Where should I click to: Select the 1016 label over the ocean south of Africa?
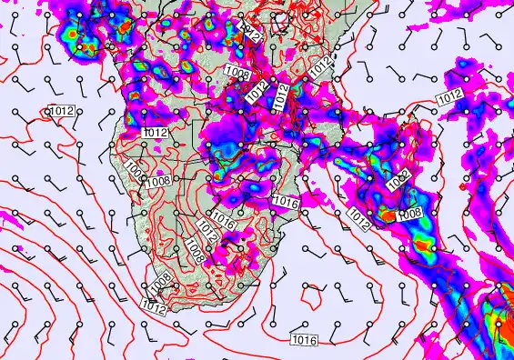click(x=305, y=340)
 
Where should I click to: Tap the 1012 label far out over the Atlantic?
click(x=62, y=111)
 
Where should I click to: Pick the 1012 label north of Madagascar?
click(x=448, y=98)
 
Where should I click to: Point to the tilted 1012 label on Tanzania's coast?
click(x=319, y=65)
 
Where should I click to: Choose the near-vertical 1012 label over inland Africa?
click(x=281, y=96)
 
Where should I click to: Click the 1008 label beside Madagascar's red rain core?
click(x=410, y=213)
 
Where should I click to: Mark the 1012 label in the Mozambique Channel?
click(x=356, y=219)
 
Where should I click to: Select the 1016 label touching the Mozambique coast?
click(x=286, y=203)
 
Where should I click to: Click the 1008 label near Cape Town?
click(x=160, y=285)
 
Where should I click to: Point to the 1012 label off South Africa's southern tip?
click(x=154, y=308)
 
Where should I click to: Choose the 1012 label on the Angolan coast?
click(x=155, y=133)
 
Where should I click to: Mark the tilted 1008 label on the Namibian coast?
click(x=135, y=171)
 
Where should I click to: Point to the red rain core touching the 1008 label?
click(x=388, y=216)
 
